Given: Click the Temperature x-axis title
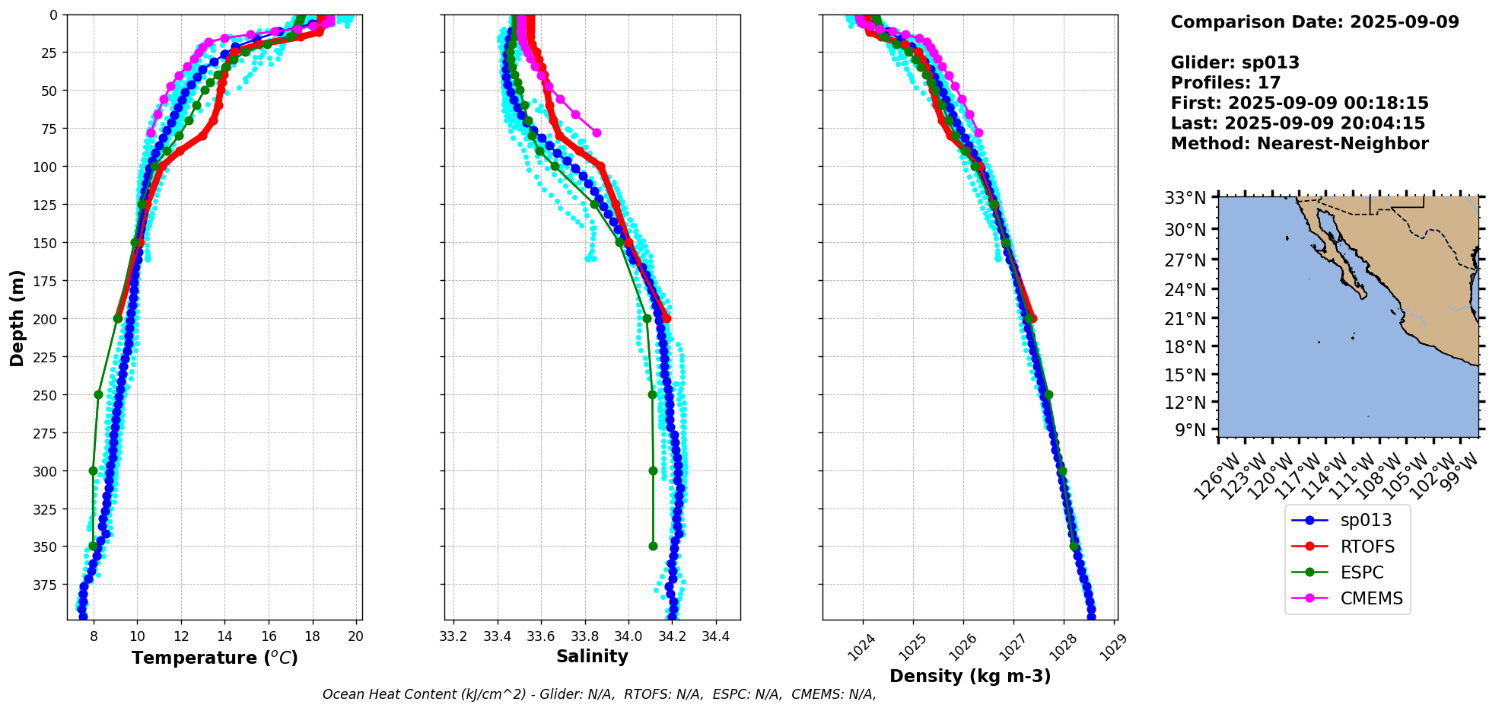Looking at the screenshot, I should click(215, 658).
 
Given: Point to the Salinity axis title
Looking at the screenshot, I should click(592, 657).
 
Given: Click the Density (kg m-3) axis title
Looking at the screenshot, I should click(970, 676).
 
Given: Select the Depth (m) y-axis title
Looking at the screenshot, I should click(17, 317).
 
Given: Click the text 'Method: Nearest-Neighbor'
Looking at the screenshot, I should click(1300, 144).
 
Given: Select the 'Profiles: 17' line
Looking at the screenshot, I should click(1226, 83).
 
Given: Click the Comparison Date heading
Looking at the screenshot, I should click(1315, 22).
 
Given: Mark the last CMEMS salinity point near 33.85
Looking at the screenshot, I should click(597, 132).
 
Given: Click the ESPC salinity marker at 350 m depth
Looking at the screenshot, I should click(653, 546).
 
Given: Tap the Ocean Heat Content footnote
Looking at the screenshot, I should click(599, 694).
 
